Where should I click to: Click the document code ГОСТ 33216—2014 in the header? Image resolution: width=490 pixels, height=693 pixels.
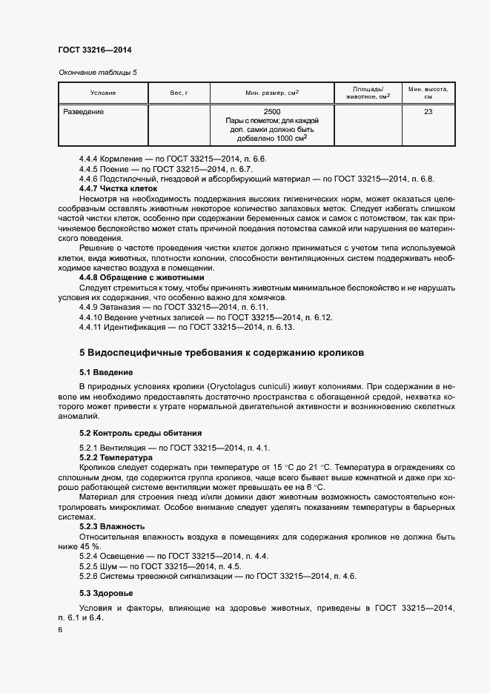(95, 50)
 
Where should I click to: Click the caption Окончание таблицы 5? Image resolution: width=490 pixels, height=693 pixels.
(97, 72)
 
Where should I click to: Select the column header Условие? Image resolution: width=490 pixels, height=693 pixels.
(103, 93)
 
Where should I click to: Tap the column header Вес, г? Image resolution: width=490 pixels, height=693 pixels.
(179, 93)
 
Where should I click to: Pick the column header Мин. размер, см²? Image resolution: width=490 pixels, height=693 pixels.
(272, 93)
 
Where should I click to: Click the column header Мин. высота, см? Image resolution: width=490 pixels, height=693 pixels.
(428, 93)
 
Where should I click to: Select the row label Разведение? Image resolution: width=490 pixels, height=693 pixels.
(82, 112)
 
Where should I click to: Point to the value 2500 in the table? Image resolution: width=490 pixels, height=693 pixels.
(272, 112)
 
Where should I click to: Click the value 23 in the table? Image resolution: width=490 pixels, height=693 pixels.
(428, 112)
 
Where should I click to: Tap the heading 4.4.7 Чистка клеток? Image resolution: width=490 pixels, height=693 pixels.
(118, 189)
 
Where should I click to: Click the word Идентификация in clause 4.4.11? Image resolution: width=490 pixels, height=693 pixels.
(132, 326)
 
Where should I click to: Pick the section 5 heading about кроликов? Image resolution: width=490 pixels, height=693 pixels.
(222, 354)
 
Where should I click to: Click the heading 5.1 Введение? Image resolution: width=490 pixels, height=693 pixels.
(105, 371)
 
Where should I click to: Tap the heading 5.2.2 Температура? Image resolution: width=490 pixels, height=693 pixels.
(116, 458)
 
